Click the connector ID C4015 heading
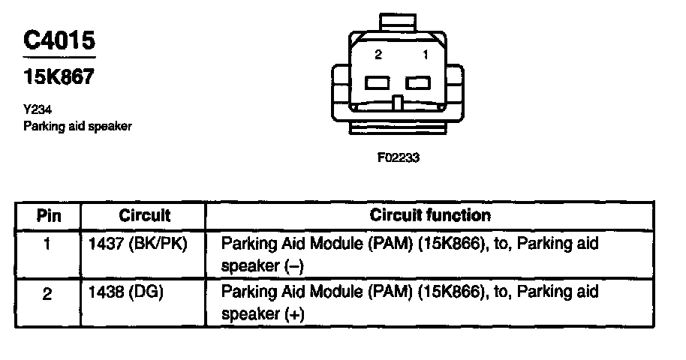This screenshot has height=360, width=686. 59,40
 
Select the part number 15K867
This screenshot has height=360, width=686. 59,76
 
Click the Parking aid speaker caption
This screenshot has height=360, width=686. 77,126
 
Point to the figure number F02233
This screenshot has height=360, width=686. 399,158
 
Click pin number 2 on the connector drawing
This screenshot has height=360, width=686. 378,55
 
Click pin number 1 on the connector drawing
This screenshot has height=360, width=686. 425,55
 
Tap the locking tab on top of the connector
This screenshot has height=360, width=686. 398,21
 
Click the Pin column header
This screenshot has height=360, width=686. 48,216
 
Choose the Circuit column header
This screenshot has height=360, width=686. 144,216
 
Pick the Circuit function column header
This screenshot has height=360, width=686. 430,216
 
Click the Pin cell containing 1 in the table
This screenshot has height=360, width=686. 47,244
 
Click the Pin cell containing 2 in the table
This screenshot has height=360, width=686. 47,295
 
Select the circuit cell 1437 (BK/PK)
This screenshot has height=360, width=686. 137,244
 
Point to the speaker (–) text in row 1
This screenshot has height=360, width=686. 262,265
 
